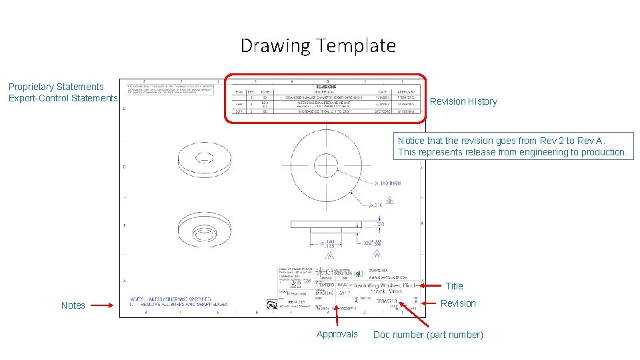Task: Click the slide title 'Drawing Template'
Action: point(318,46)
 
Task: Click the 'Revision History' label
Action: point(463,101)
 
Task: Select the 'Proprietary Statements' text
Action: point(56,87)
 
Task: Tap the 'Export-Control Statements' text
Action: point(63,98)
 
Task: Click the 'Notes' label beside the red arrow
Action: point(73,305)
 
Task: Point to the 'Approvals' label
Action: point(337,334)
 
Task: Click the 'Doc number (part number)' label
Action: point(428,335)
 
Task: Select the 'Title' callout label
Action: point(454,286)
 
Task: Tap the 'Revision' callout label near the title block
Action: point(458,303)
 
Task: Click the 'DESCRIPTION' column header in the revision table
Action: point(324,92)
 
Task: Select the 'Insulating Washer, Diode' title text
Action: point(386,286)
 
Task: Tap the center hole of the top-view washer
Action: point(327,165)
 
